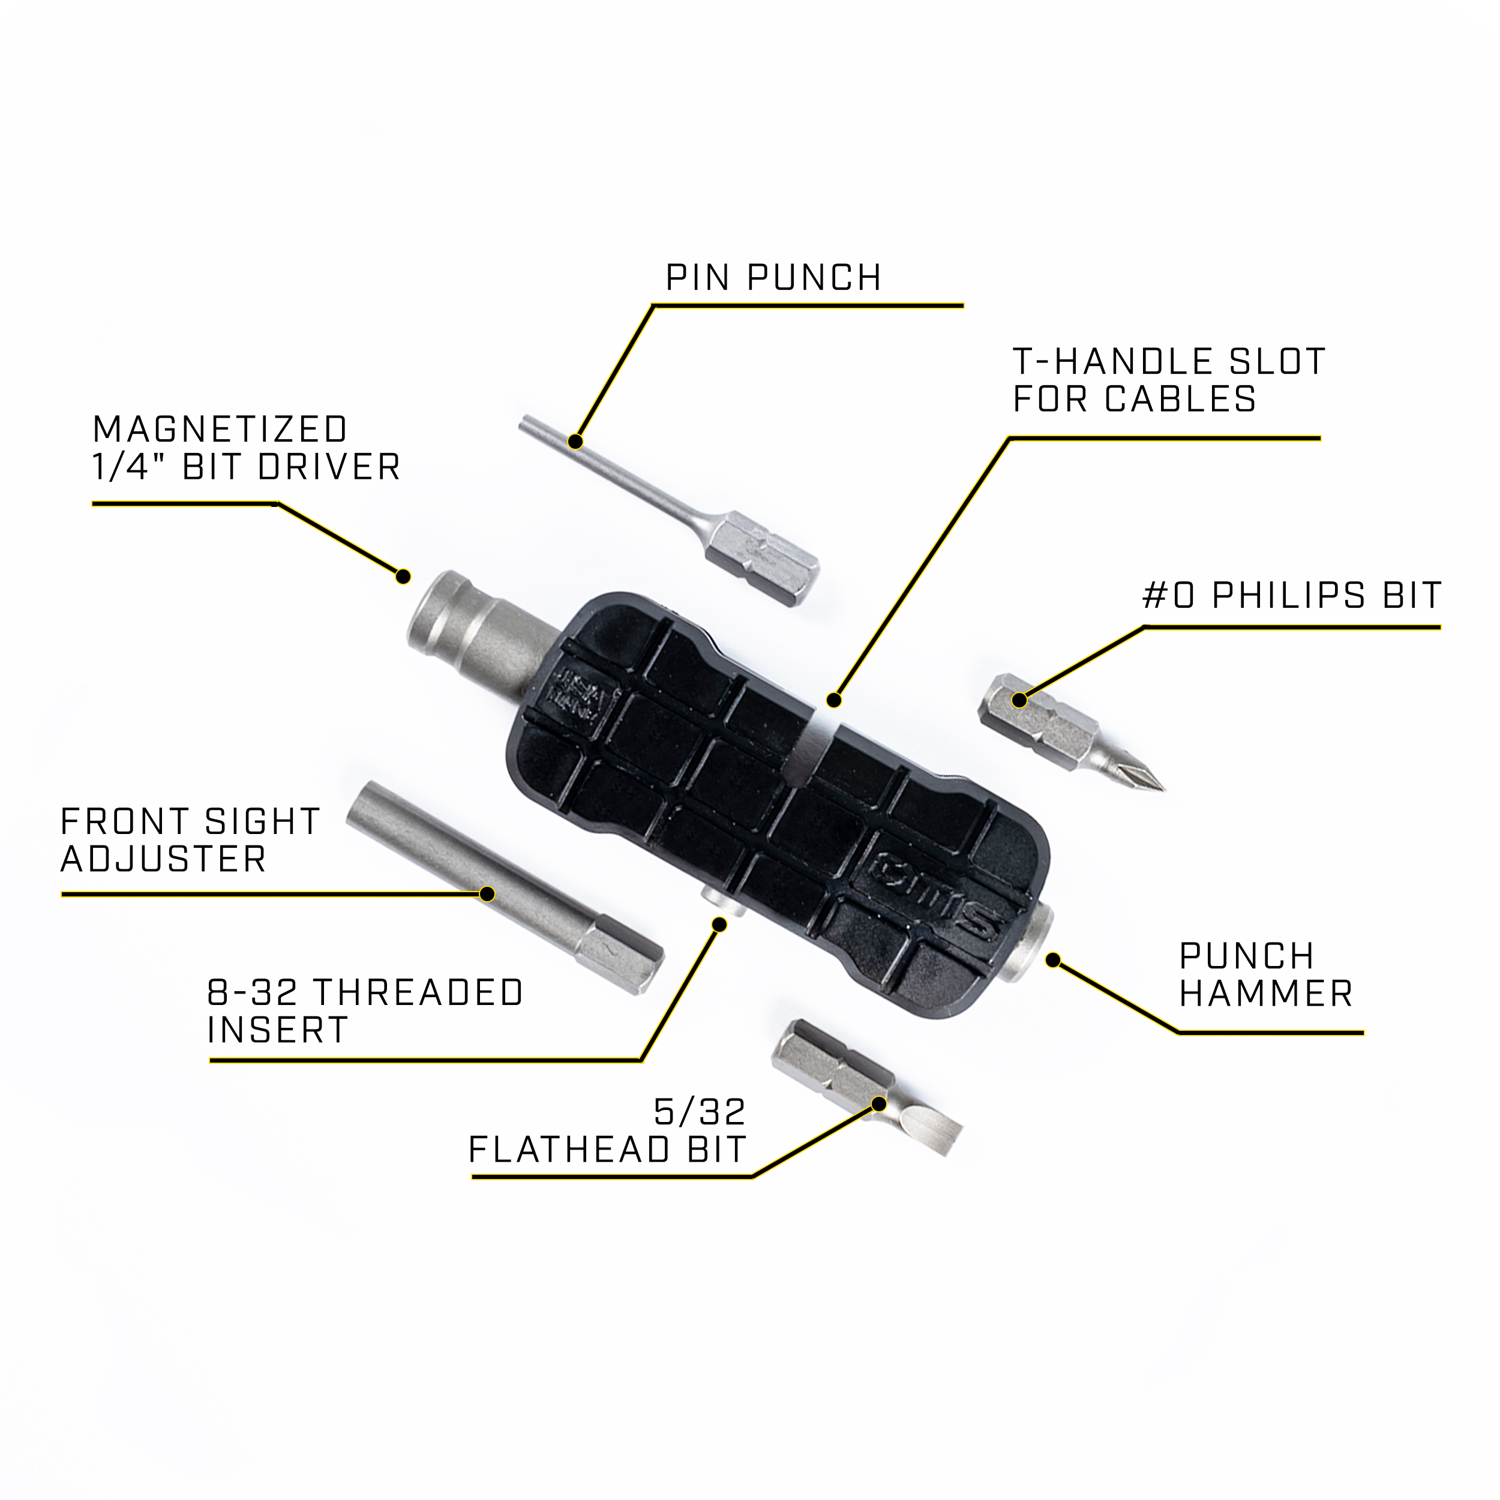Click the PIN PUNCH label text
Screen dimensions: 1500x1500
click(x=773, y=278)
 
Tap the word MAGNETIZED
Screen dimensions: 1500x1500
click(x=220, y=430)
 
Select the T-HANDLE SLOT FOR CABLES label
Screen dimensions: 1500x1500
click(x=1168, y=380)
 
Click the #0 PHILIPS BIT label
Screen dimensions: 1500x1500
click(x=1292, y=595)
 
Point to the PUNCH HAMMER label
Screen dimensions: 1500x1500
click(x=1265, y=974)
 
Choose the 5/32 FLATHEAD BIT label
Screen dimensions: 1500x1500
click(x=608, y=1131)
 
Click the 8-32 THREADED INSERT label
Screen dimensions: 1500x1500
click(x=365, y=1012)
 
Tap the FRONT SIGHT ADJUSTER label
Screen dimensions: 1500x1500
click(x=190, y=840)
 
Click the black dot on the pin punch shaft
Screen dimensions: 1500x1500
click(x=575, y=442)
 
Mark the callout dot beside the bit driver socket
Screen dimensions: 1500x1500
click(x=403, y=577)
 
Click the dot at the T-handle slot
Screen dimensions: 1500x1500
click(x=834, y=700)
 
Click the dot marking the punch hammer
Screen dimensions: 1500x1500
click(x=1053, y=961)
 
